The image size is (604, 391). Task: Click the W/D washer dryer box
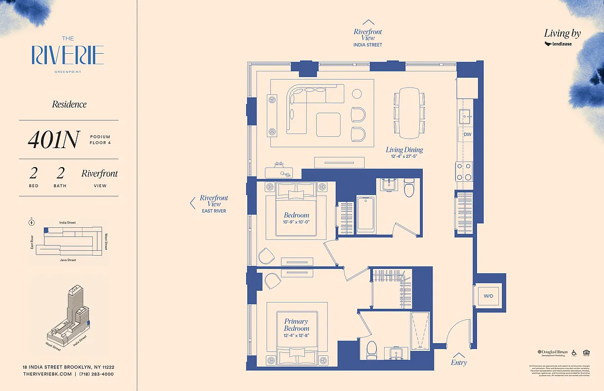coord(488,296)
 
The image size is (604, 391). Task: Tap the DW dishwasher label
coord(468,134)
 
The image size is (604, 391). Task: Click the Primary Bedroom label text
coord(297,325)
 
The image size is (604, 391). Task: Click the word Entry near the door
coord(459,363)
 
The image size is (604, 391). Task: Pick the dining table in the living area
coord(410,113)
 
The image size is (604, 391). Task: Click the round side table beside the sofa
coord(357,93)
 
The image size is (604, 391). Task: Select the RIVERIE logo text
coord(68,55)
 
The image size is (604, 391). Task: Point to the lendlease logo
coord(559,44)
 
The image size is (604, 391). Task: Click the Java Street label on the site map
coord(68,260)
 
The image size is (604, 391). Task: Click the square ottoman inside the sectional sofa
coord(328,125)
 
